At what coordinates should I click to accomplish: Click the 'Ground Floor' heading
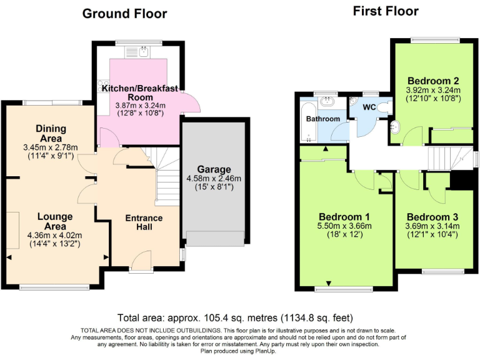coord(125,14)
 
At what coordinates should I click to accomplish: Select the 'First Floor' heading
coord(386,11)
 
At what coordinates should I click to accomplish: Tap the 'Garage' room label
coord(214,169)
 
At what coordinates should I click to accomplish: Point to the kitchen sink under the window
coord(138,51)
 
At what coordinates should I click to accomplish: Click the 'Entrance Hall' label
coord(144,222)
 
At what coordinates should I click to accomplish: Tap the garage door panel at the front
coord(214,238)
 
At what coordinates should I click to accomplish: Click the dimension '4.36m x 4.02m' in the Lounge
coord(55,235)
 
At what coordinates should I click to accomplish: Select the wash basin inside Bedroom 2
coord(394,128)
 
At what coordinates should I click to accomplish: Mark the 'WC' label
coord(369,107)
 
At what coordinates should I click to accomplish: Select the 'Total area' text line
coord(239,317)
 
